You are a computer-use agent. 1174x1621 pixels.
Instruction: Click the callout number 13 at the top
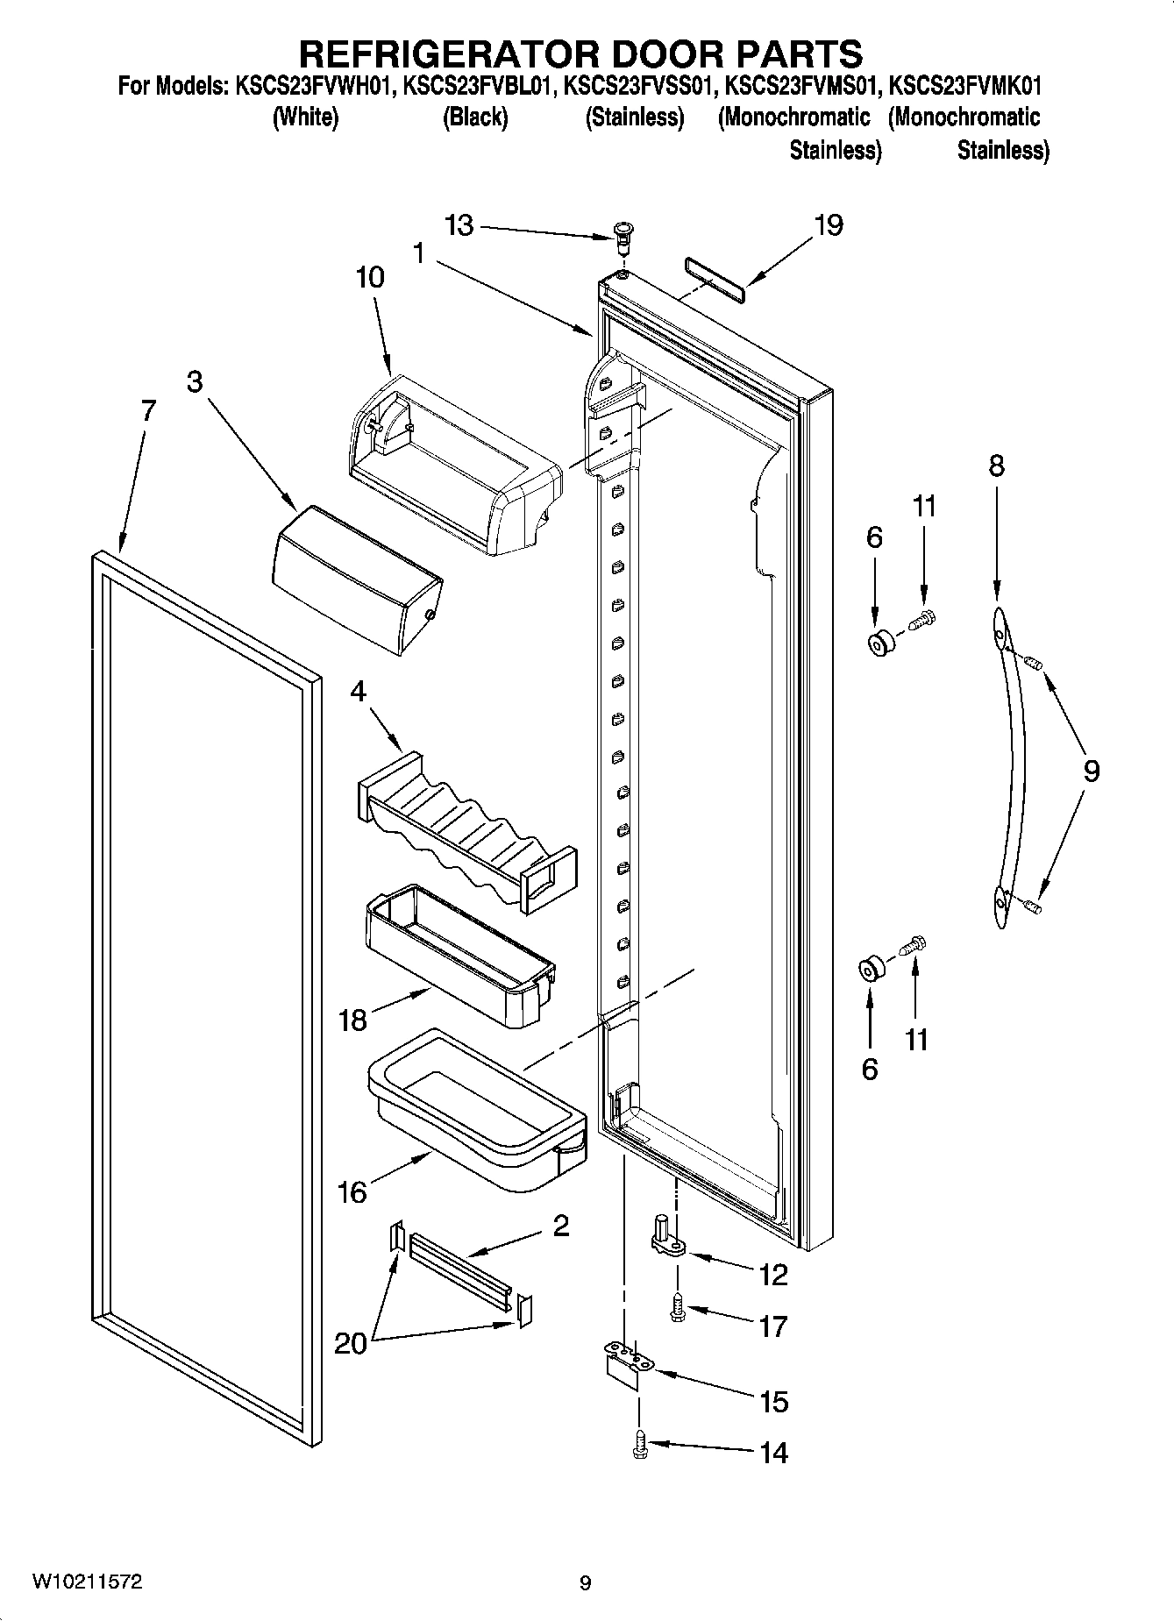(x=459, y=225)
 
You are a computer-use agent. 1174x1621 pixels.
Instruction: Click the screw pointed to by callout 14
(x=640, y=1444)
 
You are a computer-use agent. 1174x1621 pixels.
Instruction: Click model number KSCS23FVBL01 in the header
(x=478, y=87)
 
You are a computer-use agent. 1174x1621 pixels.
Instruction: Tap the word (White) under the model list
(x=305, y=118)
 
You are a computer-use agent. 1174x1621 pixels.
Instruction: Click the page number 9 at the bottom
(x=586, y=1582)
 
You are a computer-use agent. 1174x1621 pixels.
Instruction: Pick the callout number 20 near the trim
(x=350, y=1343)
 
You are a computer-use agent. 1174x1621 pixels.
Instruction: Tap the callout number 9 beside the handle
(x=1090, y=771)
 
